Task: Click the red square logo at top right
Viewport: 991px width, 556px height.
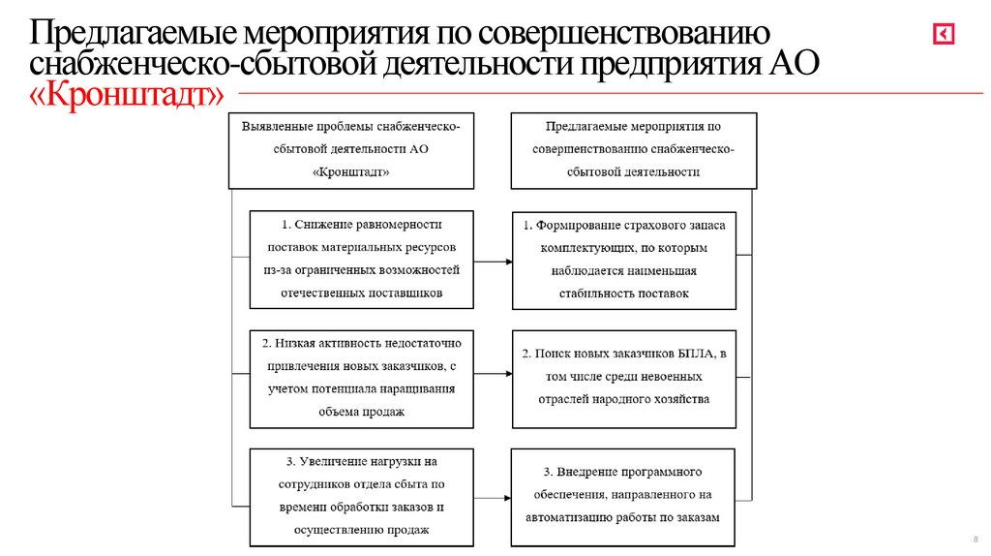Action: [x=943, y=34]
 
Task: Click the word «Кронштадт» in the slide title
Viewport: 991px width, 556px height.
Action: [x=127, y=95]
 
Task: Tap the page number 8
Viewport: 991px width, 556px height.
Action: [x=974, y=540]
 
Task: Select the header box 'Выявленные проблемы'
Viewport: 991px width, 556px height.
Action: [x=351, y=149]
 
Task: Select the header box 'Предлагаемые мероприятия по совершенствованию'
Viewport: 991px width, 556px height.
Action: [x=634, y=149]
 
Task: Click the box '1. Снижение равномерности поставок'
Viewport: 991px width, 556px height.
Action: [x=361, y=260]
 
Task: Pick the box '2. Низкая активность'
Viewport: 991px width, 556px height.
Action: [x=361, y=378]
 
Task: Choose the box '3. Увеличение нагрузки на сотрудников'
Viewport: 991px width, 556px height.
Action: [x=361, y=495]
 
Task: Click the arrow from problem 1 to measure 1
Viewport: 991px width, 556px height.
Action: [x=493, y=261]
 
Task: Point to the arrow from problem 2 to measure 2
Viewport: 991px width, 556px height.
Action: [x=493, y=374]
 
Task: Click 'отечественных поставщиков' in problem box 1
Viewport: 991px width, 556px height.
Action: [x=361, y=292]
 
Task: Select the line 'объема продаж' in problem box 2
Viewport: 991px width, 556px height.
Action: [x=361, y=412]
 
